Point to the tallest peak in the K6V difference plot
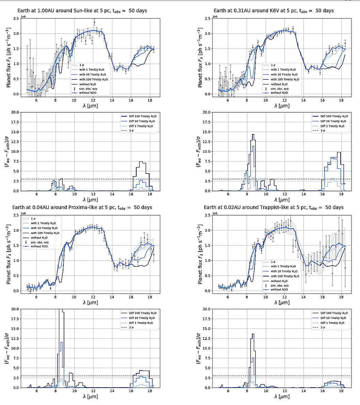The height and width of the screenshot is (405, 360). pos(253,135)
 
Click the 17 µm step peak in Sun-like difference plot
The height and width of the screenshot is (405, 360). pos(142,162)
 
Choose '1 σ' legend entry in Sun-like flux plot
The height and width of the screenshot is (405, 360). pos(82,65)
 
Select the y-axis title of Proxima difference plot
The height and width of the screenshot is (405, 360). pos(7,348)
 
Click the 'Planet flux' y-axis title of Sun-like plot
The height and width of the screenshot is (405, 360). pos(8,56)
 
